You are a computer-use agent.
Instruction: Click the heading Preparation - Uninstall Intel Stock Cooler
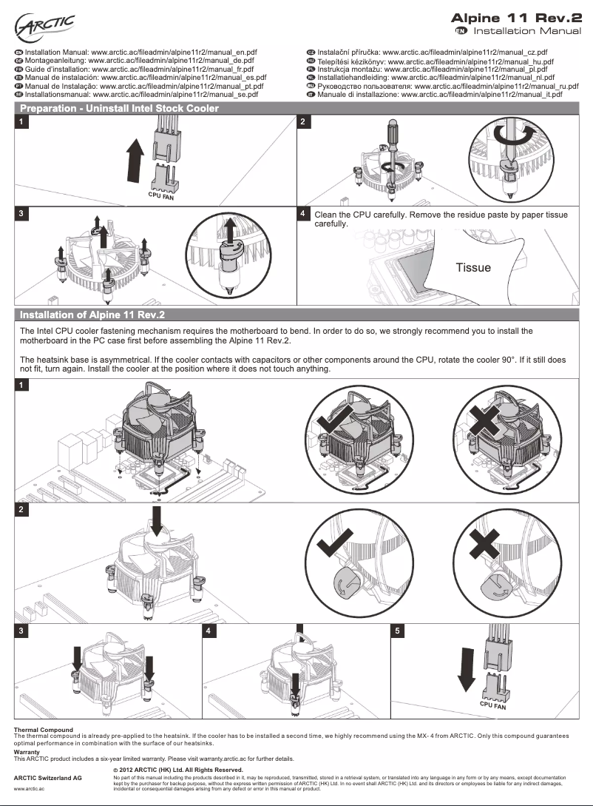[x=119, y=109]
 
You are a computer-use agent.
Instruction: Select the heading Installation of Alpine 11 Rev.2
[x=92, y=315]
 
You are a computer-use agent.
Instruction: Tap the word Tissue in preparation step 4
[x=472, y=267]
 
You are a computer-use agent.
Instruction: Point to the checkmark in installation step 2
[x=331, y=547]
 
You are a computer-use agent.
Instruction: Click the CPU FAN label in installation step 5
[x=492, y=706]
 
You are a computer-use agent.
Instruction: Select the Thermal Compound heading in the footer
[x=44, y=730]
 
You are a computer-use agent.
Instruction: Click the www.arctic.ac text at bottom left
[x=30, y=789]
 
